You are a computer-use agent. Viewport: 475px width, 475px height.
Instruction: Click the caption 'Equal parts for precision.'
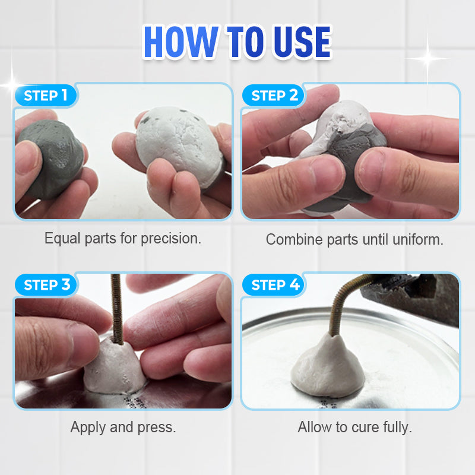coord(123,239)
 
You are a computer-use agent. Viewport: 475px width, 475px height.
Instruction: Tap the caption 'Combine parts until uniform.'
coord(354,240)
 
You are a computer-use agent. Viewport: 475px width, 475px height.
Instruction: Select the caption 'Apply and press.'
coord(123,427)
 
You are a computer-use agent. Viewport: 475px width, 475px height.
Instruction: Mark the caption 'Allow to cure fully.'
coord(354,427)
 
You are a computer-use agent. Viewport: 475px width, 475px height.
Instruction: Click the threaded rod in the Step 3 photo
coord(116,309)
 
